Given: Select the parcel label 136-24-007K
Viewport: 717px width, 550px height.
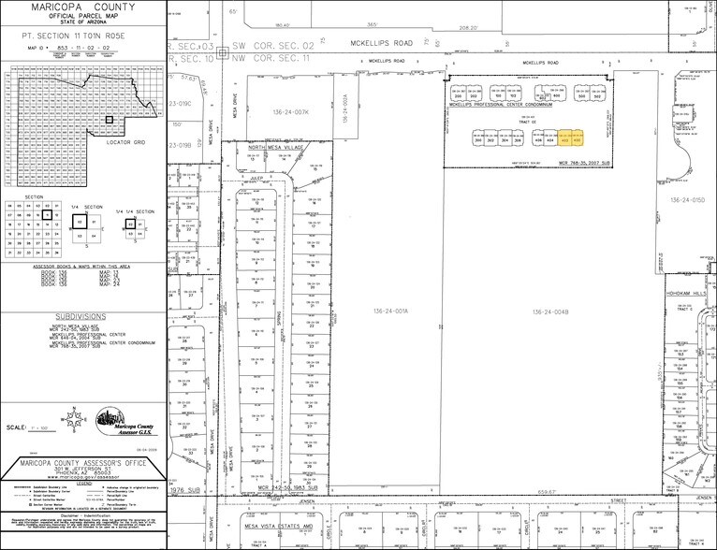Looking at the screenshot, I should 290,111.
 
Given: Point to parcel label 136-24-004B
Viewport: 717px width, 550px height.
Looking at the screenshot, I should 548,311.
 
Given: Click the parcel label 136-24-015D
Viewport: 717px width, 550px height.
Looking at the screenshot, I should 687,199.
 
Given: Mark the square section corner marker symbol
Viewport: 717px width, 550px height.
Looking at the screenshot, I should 222,52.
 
